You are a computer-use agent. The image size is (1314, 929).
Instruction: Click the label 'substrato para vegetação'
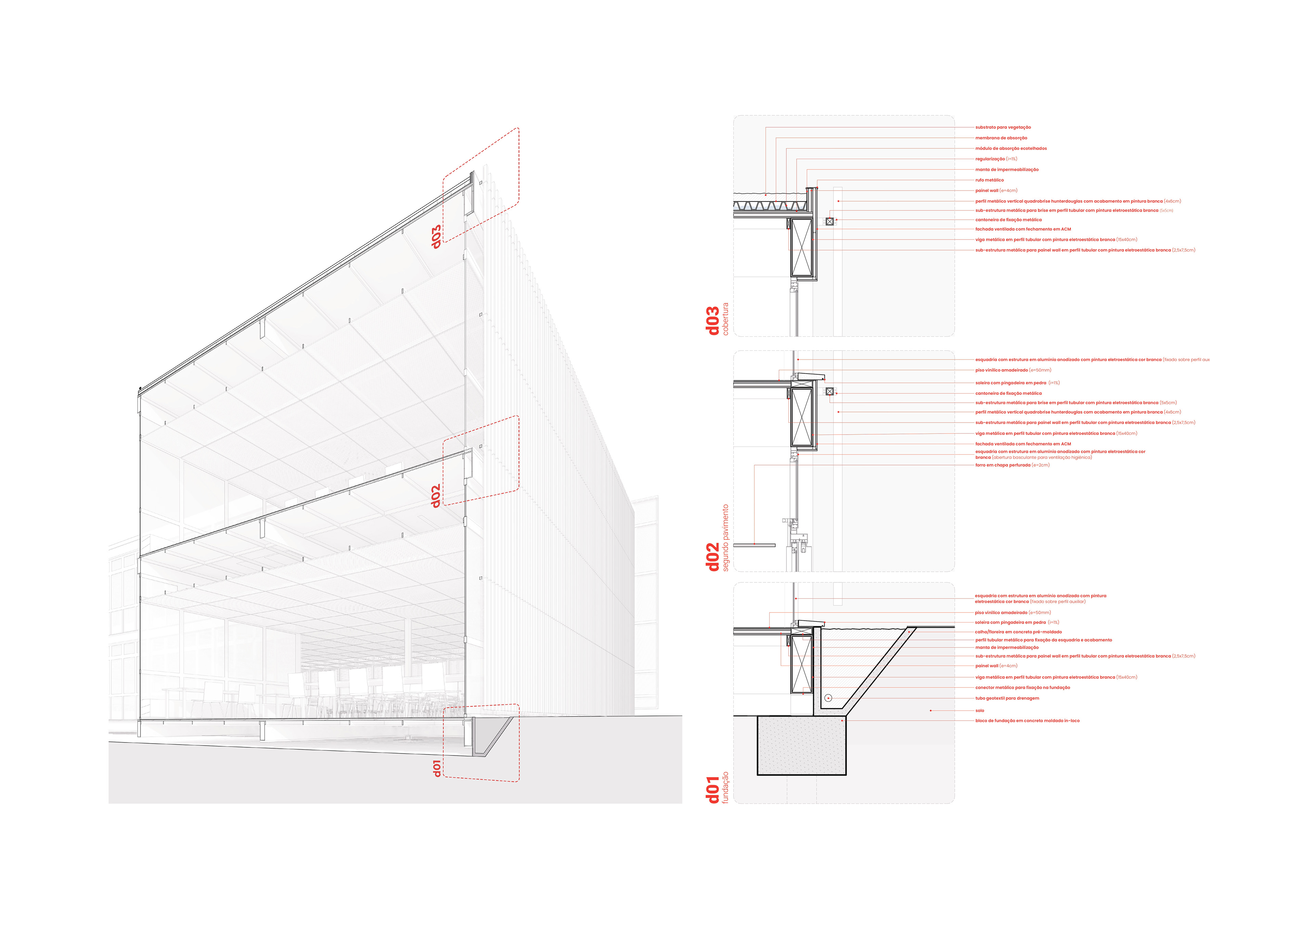click(1003, 127)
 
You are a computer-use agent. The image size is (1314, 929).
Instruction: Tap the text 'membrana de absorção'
click(1001, 138)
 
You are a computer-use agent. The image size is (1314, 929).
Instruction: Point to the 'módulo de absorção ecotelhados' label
click(1011, 148)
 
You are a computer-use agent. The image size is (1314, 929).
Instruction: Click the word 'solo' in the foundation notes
click(980, 710)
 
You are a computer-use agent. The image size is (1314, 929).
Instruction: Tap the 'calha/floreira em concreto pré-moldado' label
click(1018, 632)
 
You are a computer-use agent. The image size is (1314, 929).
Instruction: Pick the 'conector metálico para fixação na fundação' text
click(1022, 687)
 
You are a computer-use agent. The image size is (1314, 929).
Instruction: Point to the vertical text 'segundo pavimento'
click(726, 538)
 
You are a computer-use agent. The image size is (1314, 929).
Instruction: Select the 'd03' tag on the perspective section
click(436, 236)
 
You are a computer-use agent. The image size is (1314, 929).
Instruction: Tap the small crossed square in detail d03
click(830, 221)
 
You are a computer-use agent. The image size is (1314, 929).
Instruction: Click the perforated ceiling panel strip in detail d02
click(754, 545)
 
